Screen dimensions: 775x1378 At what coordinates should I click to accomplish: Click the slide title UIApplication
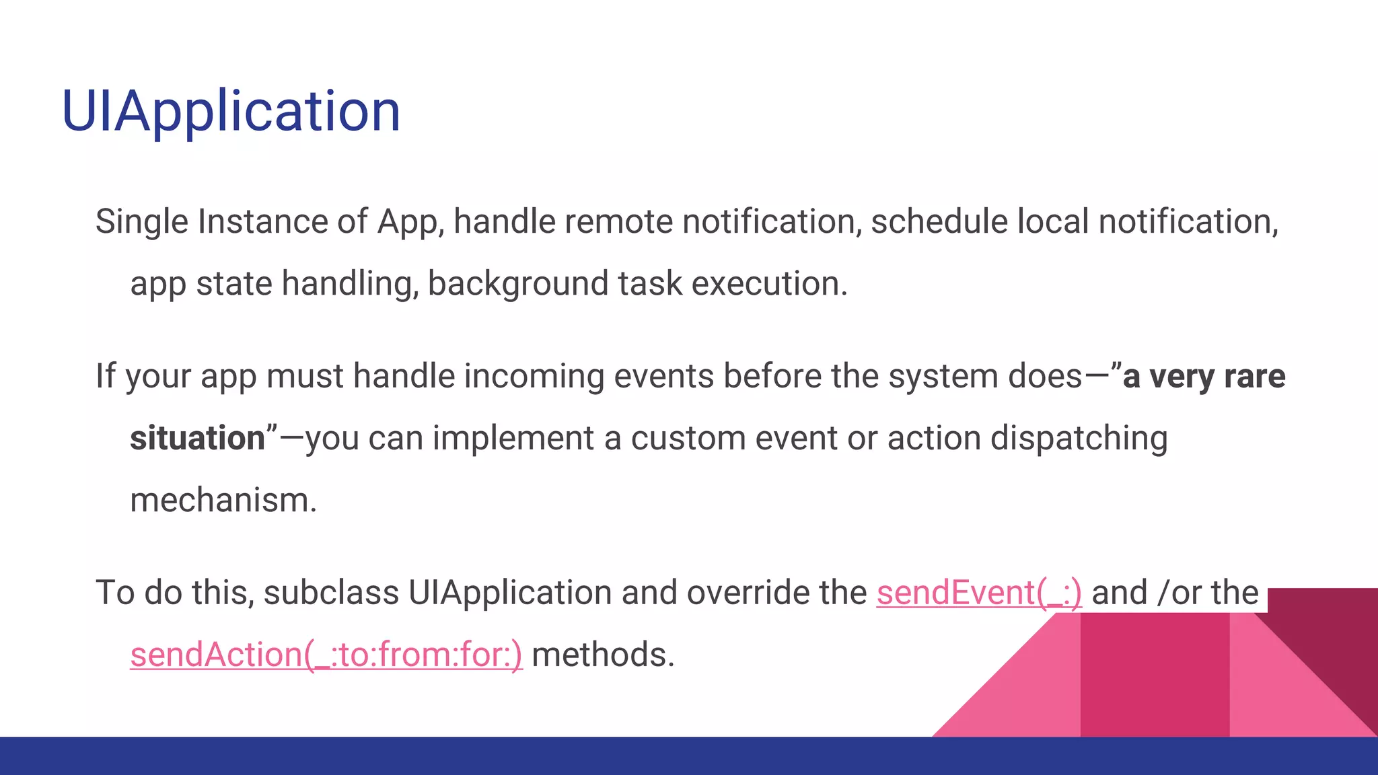pyautogui.click(x=231, y=112)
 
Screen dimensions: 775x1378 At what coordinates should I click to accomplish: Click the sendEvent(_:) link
pyautogui.click(x=979, y=593)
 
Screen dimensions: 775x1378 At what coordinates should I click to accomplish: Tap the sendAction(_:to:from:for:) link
pyautogui.click(x=326, y=655)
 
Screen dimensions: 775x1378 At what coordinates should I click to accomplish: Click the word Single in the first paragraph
pyautogui.click(x=141, y=222)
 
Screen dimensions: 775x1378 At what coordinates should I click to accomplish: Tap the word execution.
pyautogui.click(x=769, y=284)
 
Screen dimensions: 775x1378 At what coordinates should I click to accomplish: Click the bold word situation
pyautogui.click(x=198, y=439)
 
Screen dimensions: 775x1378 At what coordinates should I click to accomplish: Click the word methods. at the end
pyautogui.click(x=603, y=655)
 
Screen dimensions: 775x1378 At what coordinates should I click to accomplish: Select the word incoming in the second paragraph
pyautogui.click(x=534, y=377)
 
